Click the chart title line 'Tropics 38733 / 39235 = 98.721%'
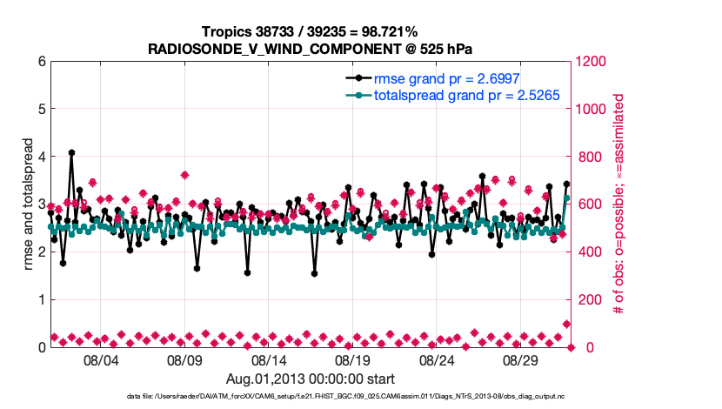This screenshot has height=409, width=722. (x=310, y=31)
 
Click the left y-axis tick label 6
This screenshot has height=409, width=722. (x=41, y=62)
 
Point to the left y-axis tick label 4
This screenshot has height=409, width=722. (x=41, y=158)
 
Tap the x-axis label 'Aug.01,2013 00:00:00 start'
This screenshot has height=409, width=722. (x=310, y=379)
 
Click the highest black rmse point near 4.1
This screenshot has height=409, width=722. (x=71, y=152)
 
